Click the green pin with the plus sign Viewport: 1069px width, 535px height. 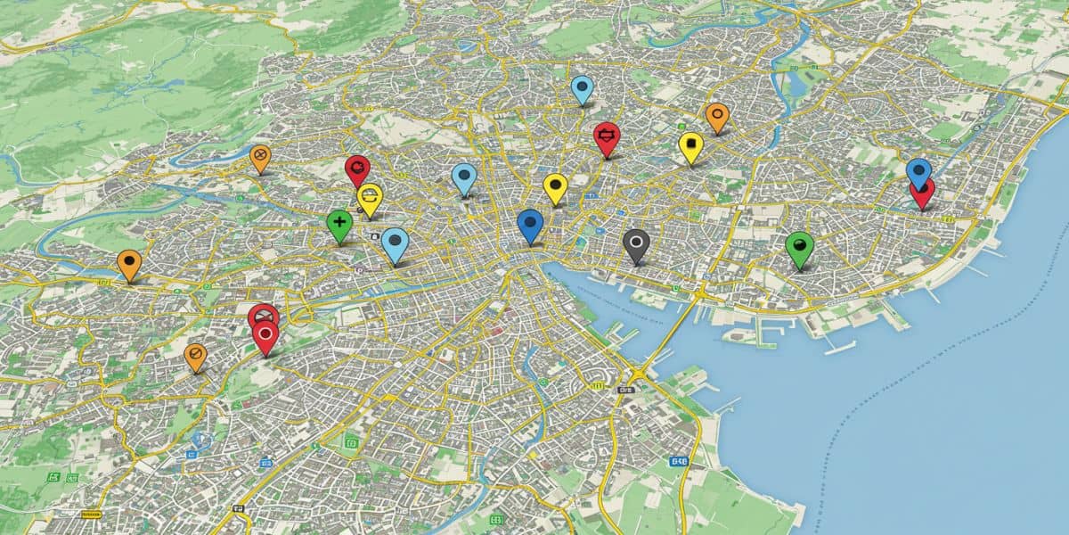[x=339, y=224]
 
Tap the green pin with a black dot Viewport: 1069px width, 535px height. [x=800, y=248]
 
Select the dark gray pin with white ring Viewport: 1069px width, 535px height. [x=635, y=243]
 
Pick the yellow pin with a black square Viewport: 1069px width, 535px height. [x=690, y=145]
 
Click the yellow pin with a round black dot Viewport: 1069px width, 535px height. [x=555, y=187]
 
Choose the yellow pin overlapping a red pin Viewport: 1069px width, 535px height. [x=370, y=198]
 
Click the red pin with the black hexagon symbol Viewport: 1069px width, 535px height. [x=607, y=137]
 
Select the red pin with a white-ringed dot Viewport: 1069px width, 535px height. [x=265, y=336]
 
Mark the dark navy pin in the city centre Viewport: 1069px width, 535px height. [x=530, y=225]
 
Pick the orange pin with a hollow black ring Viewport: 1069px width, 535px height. [x=717, y=116]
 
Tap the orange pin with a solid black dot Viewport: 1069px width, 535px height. [x=129, y=264]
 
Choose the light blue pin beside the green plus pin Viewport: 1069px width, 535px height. [x=395, y=243]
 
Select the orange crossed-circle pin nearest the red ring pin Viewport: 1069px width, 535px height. [x=195, y=356]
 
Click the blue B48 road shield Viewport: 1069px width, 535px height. [x=680, y=461]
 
